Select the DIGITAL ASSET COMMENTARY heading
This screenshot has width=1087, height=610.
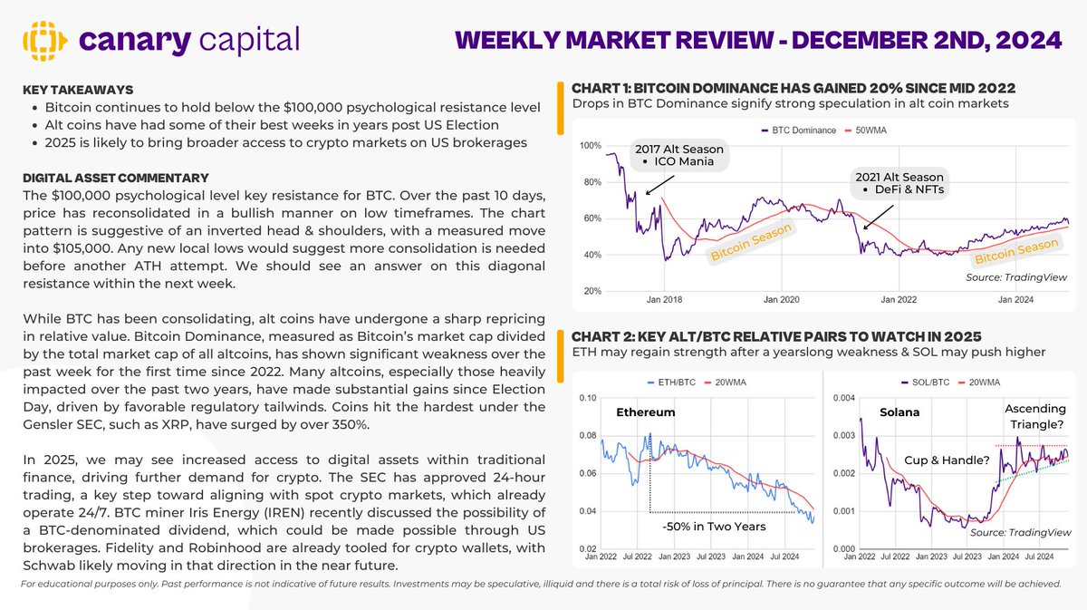point(115,178)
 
